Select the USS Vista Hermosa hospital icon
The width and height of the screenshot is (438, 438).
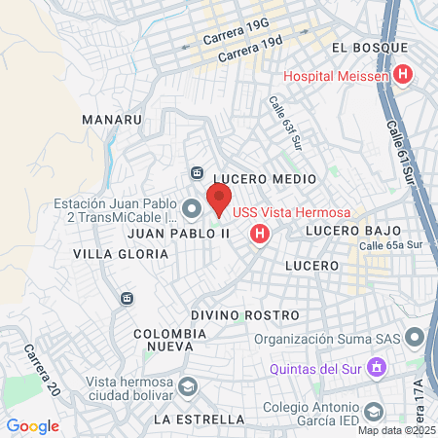point(260,234)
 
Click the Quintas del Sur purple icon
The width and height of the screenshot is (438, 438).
point(380,368)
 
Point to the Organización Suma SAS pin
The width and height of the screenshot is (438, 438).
point(416,340)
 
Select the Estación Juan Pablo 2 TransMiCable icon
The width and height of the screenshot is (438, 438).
point(191,207)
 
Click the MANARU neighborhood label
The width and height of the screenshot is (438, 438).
point(113,120)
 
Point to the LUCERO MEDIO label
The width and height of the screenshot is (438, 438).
point(265,179)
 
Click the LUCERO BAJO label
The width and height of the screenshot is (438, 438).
point(353,231)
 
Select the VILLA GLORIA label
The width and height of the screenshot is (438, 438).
point(121,253)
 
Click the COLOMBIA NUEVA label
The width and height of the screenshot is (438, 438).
point(170,339)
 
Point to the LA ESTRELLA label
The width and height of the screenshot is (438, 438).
point(200,420)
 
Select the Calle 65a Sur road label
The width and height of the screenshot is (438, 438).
point(393,246)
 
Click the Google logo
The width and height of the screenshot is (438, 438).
point(32,425)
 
